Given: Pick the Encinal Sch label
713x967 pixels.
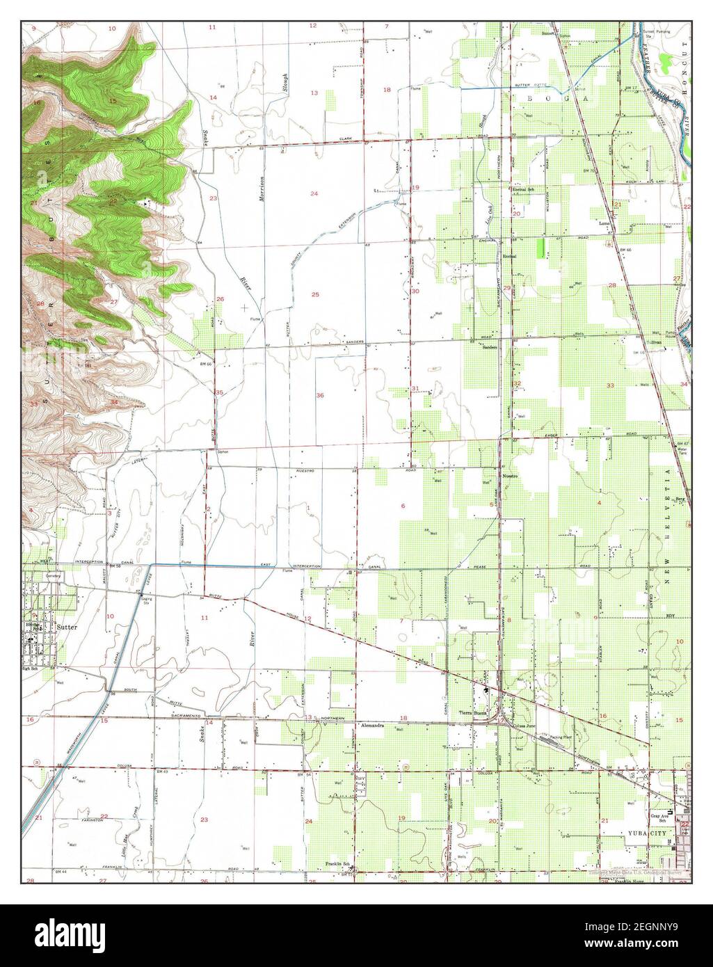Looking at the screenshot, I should click(522, 189).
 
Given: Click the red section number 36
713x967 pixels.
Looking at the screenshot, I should click(320, 395).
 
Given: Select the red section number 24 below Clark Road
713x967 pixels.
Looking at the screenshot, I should click(314, 193).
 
